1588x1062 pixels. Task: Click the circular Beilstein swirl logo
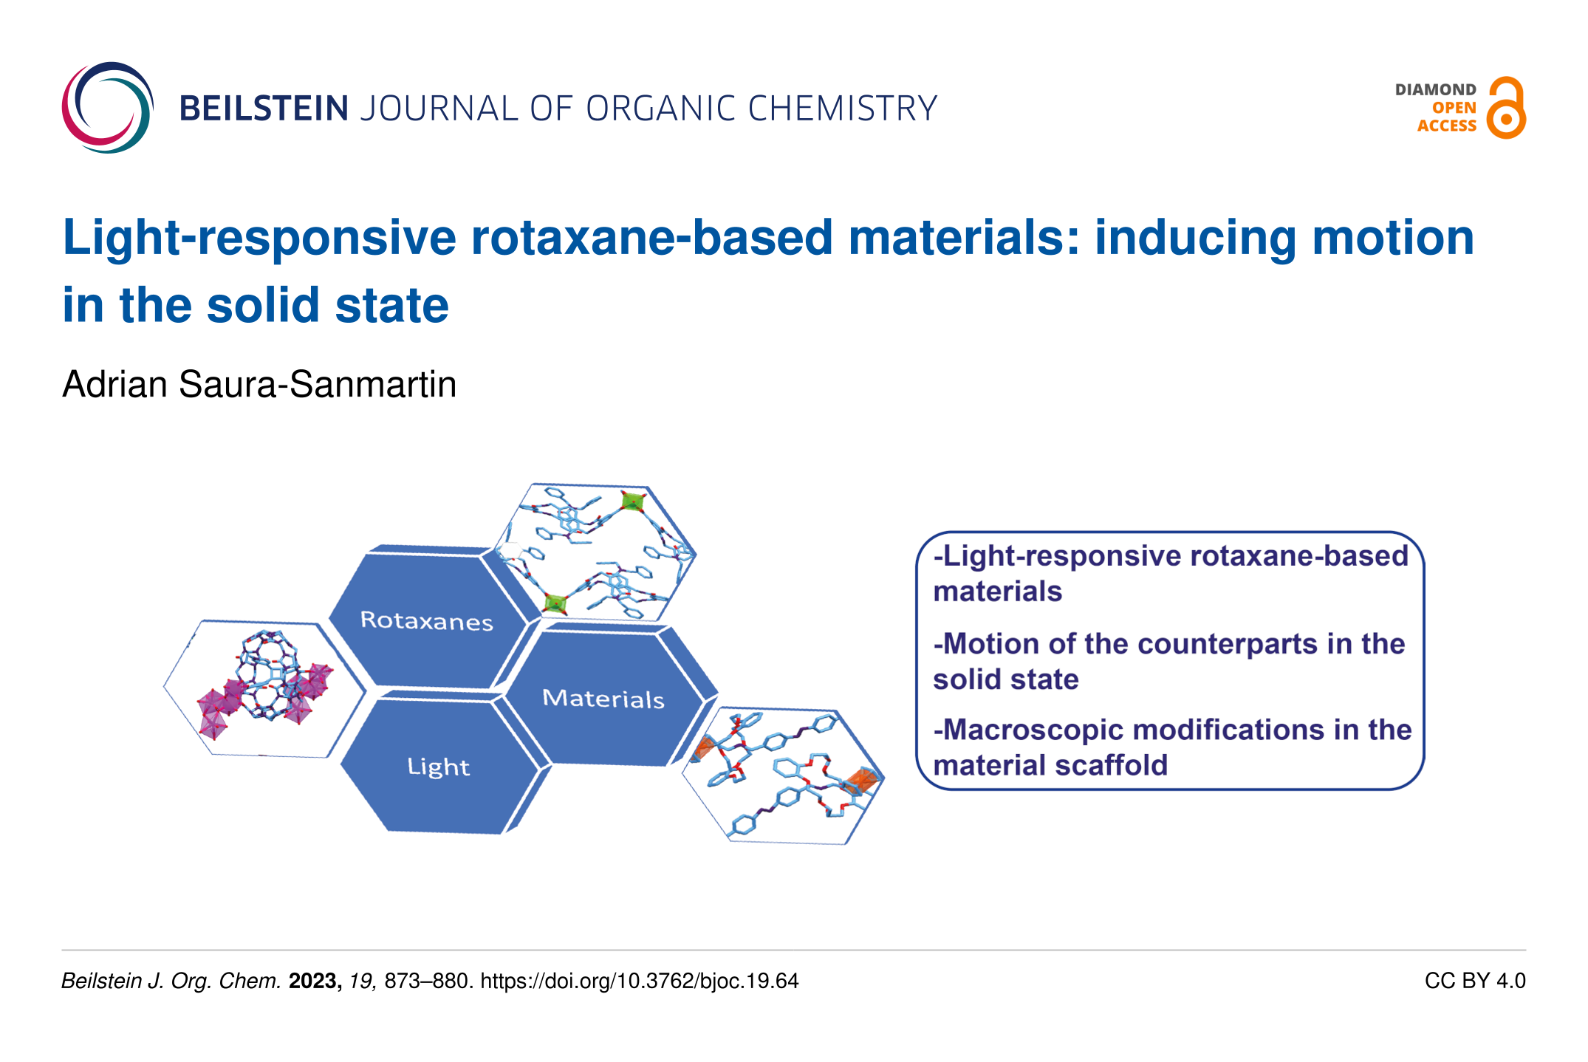(x=108, y=108)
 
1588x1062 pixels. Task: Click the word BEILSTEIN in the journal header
(x=264, y=109)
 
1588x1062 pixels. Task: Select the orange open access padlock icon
(x=1506, y=108)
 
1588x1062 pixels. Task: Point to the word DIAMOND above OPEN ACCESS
(x=1435, y=89)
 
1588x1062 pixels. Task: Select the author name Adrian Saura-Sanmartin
(x=259, y=384)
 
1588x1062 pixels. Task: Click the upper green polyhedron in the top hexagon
(x=632, y=502)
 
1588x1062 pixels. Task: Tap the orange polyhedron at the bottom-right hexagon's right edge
(x=863, y=781)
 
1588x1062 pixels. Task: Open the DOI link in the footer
(x=640, y=981)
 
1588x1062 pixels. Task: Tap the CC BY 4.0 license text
(x=1475, y=981)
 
